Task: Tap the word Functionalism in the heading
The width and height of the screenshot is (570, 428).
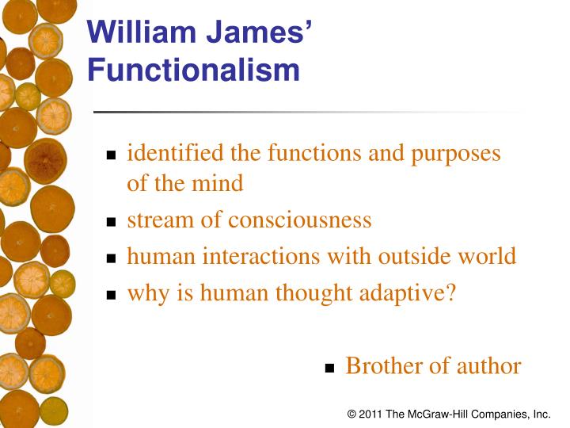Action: [x=194, y=70]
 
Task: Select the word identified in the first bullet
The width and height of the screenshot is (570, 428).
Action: [x=176, y=152]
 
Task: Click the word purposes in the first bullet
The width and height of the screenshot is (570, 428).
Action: [x=455, y=154]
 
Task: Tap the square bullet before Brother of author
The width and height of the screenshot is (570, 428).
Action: [x=331, y=369]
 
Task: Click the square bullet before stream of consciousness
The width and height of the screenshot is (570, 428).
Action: [x=112, y=222]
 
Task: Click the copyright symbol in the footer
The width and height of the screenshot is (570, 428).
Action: [x=351, y=414]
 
